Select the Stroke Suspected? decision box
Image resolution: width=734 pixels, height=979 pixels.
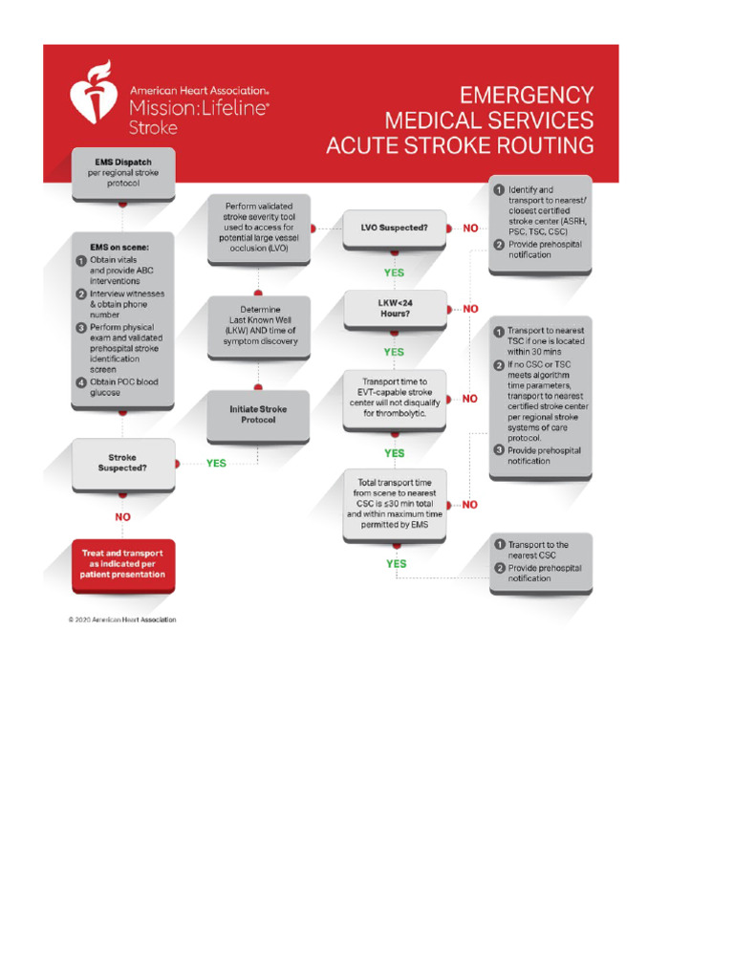coord(122,463)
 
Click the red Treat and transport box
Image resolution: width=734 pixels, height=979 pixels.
coord(122,564)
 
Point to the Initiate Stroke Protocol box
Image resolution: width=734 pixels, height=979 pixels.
coord(257,415)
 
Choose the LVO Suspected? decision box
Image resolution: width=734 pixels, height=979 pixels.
coord(394,228)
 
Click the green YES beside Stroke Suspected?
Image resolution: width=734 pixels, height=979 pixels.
coord(217,463)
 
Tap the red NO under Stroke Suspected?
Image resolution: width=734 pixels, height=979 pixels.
coord(122,517)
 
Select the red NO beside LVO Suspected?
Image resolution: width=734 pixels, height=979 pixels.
coord(470,228)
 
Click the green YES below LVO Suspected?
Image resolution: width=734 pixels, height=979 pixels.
coord(394,272)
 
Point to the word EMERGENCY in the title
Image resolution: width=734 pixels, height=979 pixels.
coord(527,96)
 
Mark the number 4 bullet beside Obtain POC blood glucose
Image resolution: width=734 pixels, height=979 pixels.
coord(82,382)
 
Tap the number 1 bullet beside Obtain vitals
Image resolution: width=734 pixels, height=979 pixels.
coord(82,260)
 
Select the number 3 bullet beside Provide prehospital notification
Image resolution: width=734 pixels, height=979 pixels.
coord(498,450)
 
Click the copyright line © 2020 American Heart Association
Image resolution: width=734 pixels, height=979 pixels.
coord(122,619)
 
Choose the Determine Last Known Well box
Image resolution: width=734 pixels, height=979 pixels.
coord(257,326)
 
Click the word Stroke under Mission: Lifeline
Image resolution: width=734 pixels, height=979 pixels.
coord(153,126)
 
